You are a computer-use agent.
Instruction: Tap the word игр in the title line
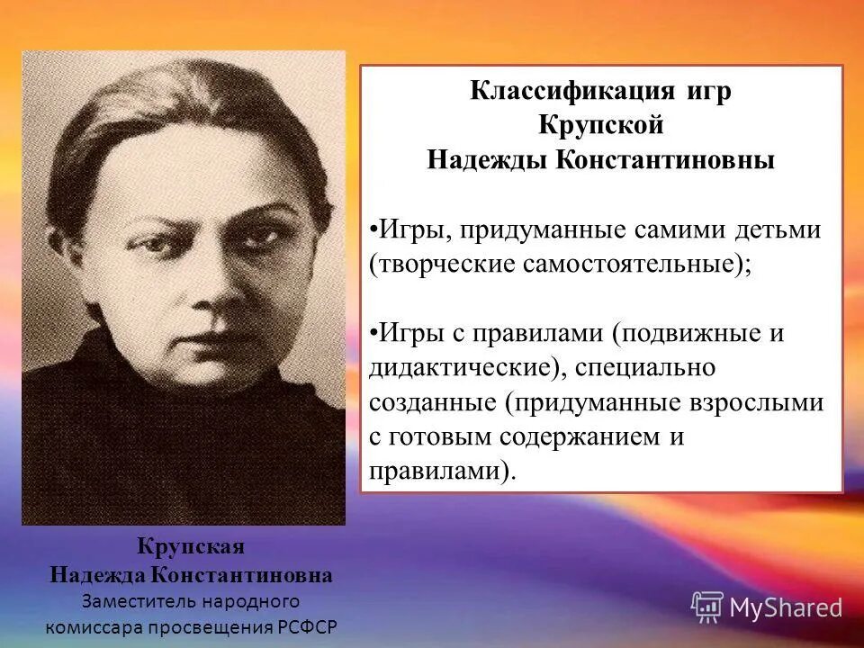[x=707, y=93]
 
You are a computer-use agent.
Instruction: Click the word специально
[x=658, y=369]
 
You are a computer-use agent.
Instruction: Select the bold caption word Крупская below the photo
[x=191, y=548]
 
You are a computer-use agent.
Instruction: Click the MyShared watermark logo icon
[x=706, y=607]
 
